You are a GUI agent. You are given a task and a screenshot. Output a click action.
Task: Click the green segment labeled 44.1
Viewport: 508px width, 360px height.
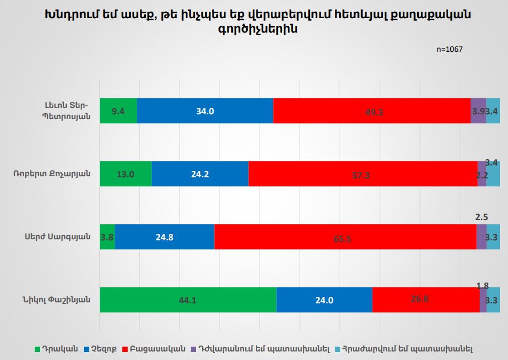point(187,300)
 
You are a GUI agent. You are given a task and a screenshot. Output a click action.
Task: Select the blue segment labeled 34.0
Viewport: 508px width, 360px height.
point(205,111)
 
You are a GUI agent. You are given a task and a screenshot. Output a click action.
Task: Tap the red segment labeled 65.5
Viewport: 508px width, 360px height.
point(345,237)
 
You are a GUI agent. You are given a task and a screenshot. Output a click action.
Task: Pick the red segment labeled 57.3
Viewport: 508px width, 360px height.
point(363,174)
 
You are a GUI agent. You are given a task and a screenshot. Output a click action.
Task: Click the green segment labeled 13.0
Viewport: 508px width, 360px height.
point(126,174)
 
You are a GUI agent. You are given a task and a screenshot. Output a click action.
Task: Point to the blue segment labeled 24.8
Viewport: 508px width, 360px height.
point(165,237)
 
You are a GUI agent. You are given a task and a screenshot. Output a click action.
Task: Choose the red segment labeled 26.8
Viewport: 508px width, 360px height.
point(426,300)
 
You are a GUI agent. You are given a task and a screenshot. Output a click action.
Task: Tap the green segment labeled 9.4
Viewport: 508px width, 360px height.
point(118,111)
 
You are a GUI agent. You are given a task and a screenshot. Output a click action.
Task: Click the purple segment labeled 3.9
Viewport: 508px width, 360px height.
point(478,111)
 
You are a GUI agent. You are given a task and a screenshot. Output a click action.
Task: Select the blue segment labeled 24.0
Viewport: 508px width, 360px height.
point(324,300)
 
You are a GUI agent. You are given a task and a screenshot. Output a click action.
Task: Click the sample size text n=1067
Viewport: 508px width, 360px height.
point(449,49)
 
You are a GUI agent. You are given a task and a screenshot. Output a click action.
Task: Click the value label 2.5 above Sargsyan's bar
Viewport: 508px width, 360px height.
point(481,217)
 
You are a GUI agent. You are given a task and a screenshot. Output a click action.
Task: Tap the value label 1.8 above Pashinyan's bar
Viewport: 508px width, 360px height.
point(482,286)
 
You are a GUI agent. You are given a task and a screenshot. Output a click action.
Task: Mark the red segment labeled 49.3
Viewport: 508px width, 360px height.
point(372,111)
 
